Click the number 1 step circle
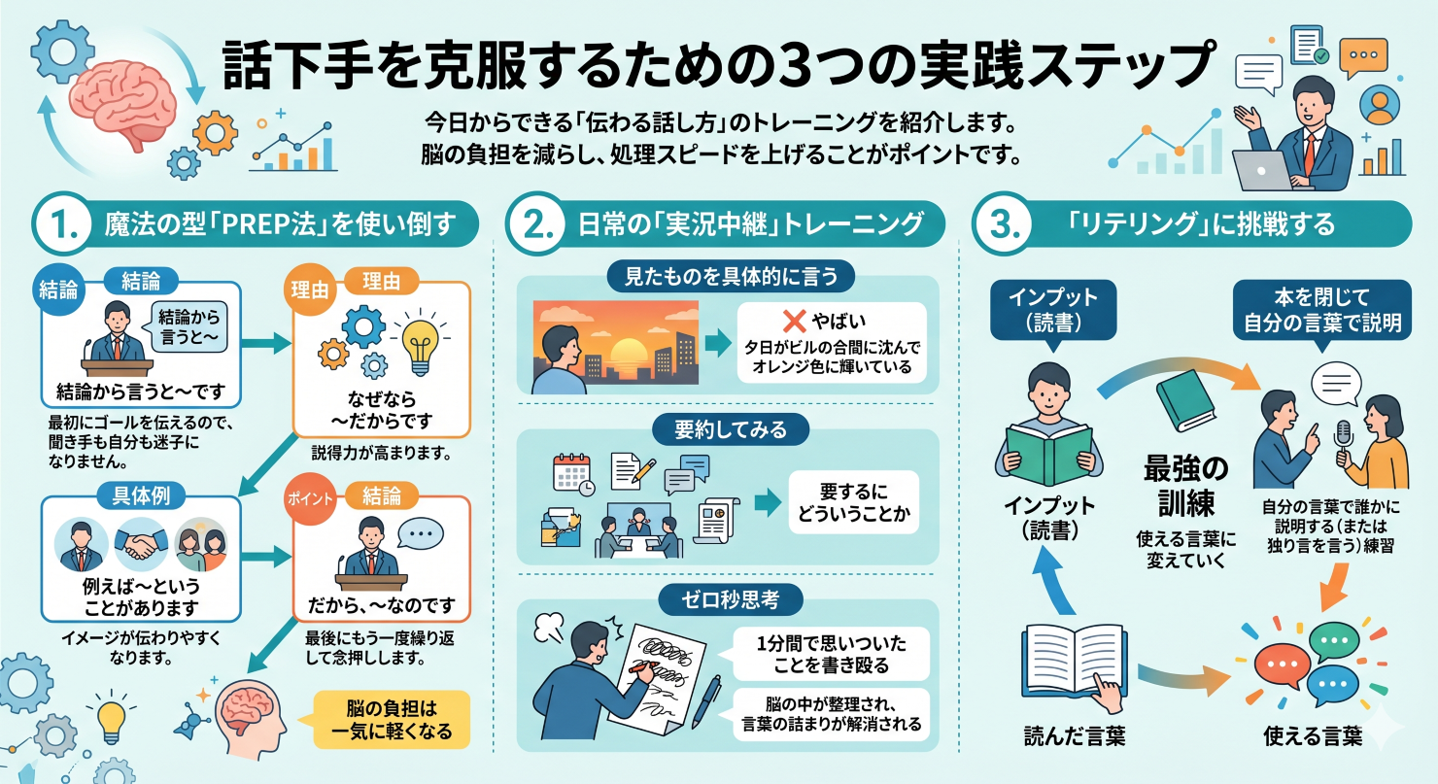coord(63,224)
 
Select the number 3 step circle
coord(1003,224)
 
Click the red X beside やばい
coord(794,321)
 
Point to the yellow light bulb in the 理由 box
coord(420,344)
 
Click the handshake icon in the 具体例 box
coord(141,543)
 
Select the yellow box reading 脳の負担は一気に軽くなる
coord(392,719)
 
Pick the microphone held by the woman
coord(1343,443)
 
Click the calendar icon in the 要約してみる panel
coord(572,475)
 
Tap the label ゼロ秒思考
coord(730,599)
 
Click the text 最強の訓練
coord(1185,486)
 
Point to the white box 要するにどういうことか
coord(854,502)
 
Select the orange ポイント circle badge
coord(310,499)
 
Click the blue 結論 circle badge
coord(58,290)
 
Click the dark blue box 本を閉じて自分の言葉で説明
coord(1321,310)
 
